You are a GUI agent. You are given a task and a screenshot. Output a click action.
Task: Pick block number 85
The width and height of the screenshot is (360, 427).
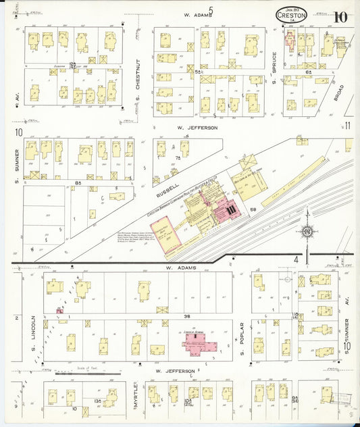pos(78,182)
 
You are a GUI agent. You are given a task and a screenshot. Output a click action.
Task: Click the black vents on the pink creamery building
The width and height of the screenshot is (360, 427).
pos(231,211)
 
